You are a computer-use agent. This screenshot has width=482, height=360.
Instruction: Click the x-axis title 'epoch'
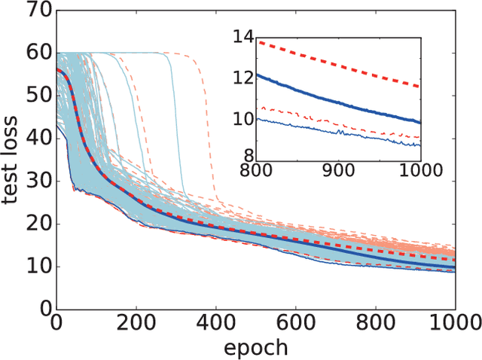255,347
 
